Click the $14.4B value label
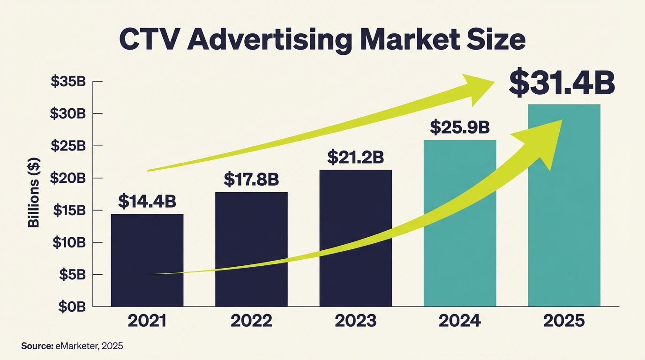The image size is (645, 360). point(147,201)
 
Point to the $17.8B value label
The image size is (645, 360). point(251,179)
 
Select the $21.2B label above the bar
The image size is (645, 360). point(355,157)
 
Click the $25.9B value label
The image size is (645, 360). point(460,127)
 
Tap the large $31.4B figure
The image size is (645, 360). point(562,83)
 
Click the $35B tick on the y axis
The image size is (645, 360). point(68,82)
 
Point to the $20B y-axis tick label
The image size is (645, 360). point(68,178)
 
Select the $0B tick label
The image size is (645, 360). point(71,307)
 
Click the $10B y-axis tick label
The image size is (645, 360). point(68,242)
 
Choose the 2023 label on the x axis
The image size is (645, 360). point(355,321)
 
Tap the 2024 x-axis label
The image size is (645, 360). point(460,321)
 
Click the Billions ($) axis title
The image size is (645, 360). point(34,193)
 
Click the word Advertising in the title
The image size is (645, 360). point(269,41)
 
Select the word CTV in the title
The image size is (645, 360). point(149,41)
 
